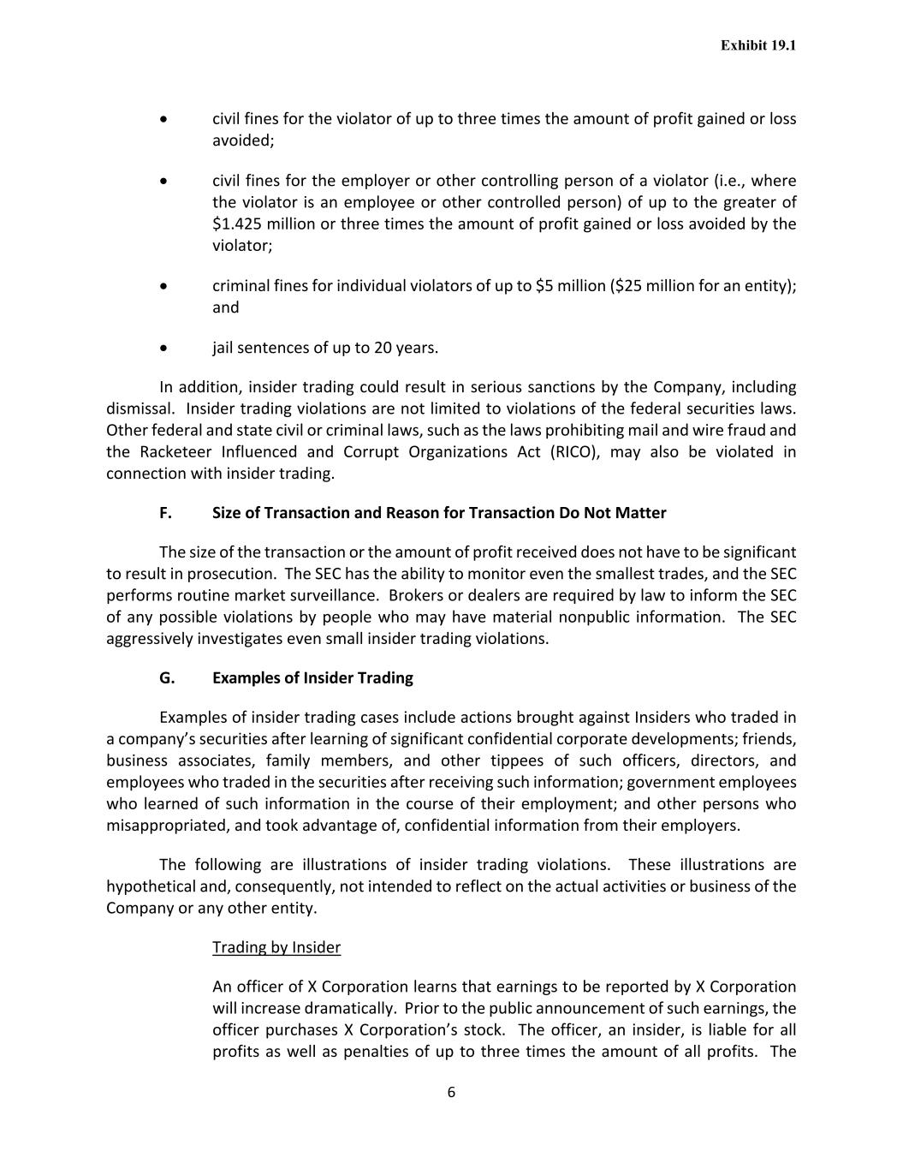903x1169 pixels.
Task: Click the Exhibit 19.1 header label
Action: pos(757,45)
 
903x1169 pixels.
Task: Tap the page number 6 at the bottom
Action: pos(451,1092)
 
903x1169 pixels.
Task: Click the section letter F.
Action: pos(165,513)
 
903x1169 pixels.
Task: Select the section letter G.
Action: pos(166,678)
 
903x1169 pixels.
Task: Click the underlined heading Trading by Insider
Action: pos(276,947)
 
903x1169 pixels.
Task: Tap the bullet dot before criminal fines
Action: pos(163,286)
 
